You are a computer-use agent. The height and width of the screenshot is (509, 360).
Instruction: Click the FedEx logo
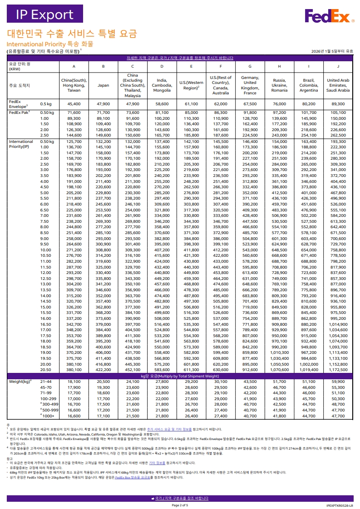point(329,16)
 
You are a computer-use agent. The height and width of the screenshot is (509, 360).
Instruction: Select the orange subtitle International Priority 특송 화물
point(49,44)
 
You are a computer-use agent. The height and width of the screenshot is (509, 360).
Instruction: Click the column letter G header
point(250,66)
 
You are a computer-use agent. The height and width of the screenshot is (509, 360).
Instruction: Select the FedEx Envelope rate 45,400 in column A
point(74,104)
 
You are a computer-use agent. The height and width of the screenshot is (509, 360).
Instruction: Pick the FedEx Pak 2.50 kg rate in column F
point(221,135)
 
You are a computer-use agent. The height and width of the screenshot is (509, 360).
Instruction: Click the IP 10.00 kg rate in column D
point(162,250)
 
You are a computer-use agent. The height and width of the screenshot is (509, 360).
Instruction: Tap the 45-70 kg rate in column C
point(133,387)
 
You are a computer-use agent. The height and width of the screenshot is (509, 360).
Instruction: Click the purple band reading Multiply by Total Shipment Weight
point(180,376)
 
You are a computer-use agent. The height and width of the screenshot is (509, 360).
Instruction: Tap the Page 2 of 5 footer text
point(180,505)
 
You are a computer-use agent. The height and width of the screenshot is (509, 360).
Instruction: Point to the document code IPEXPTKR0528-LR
point(339,505)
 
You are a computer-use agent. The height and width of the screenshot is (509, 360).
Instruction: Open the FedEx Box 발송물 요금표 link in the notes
point(133,477)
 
